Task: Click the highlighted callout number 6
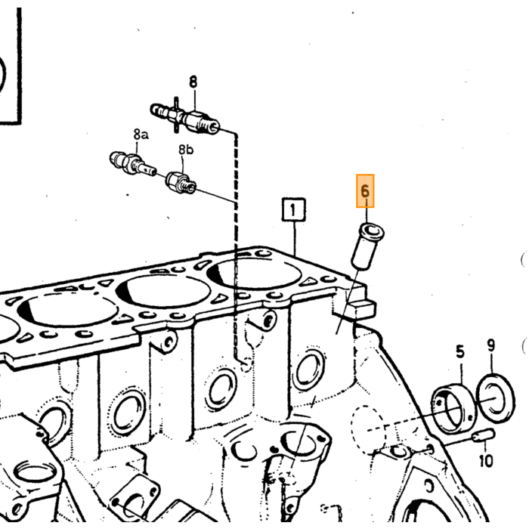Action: [365, 191]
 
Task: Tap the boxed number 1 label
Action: [293, 209]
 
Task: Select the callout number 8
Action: [193, 82]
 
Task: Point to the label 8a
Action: [141, 135]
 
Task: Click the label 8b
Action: [186, 149]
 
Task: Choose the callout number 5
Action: [460, 351]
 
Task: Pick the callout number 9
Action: [491, 345]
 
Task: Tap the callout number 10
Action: [486, 460]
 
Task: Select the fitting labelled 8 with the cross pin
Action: [185, 117]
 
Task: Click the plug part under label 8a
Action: [132, 164]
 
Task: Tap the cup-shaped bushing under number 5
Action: [453, 409]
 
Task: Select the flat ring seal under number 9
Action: [495, 398]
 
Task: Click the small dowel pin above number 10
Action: [483, 435]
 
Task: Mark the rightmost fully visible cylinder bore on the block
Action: [254, 272]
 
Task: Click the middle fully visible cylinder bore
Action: [163, 292]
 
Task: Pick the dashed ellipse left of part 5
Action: [368, 431]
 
